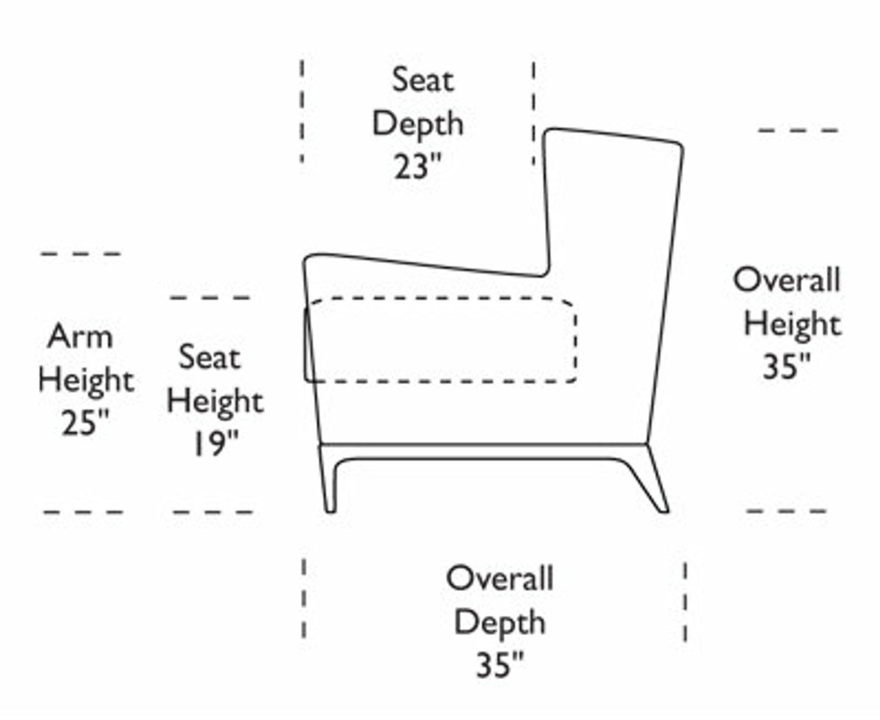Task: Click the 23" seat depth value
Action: pos(418,166)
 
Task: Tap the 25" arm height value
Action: pos(85,422)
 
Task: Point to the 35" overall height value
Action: pos(787,366)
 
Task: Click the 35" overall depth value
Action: pos(499,665)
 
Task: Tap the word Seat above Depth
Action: pos(423,79)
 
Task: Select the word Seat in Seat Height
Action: pos(210,358)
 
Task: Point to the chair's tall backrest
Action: pos(613,250)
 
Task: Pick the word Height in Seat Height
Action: pos(216,401)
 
